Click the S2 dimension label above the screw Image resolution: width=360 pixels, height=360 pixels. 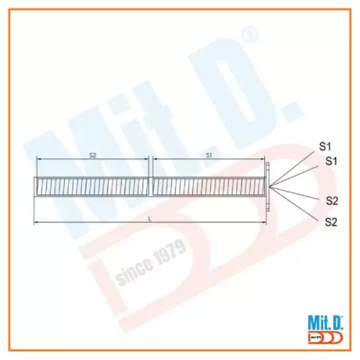pyautogui.click(x=92, y=155)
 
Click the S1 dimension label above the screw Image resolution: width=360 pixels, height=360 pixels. pyautogui.click(x=209, y=155)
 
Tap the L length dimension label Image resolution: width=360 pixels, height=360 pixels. pyautogui.click(x=149, y=217)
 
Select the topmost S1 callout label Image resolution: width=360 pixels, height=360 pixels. pyautogui.click(x=325, y=147)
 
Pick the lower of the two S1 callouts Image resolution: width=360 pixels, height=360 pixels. pyautogui.click(x=332, y=161)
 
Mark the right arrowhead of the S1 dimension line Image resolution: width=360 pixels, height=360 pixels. pyautogui.click(x=264, y=160)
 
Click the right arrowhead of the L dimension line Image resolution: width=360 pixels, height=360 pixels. pyautogui.click(x=264, y=222)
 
